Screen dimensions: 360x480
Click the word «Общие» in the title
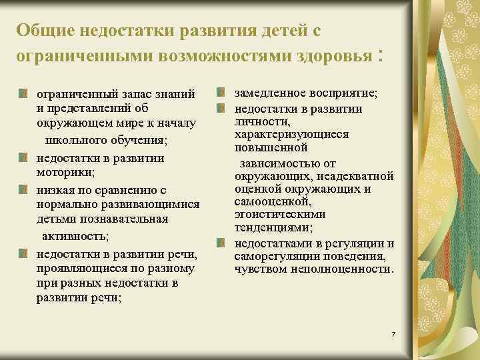(45, 31)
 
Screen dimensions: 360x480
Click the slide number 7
(394, 333)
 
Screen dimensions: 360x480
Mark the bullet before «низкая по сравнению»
(23, 190)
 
